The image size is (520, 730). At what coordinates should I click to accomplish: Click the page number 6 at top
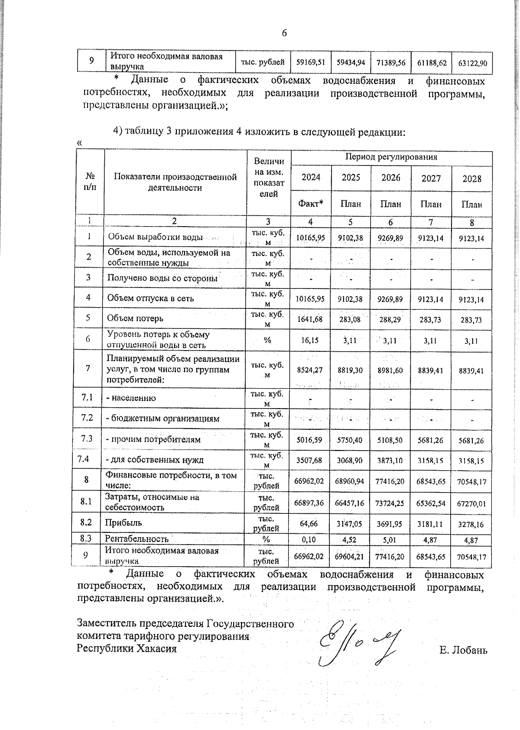pyautogui.click(x=285, y=33)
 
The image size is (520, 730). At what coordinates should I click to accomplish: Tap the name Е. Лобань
pyautogui.click(x=463, y=650)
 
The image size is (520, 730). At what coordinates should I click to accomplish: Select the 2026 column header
pyautogui.click(x=390, y=178)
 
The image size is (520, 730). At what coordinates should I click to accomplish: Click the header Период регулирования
pyautogui.click(x=391, y=157)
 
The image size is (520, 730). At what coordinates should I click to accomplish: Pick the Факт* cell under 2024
pyautogui.click(x=311, y=203)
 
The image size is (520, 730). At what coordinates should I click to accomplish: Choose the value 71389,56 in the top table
pyautogui.click(x=390, y=63)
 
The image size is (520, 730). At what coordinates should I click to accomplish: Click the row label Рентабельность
pyautogui.click(x=136, y=539)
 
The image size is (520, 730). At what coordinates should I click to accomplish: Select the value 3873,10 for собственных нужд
pyautogui.click(x=390, y=461)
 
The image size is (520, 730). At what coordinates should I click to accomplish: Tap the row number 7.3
pyautogui.click(x=87, y=439)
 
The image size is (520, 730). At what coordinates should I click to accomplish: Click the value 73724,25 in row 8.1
pyautogui.click(x=390, y=503)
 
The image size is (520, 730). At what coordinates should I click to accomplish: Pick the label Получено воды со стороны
pyautogui.click(x=162, y=278)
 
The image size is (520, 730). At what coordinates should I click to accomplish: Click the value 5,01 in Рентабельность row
pyautogui.click(x=390, y=540)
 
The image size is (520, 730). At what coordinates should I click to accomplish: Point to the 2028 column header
pyautogui.click(x=471, y=179)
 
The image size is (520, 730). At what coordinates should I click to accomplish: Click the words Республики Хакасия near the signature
pyautogui.click(x=127, y=649)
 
